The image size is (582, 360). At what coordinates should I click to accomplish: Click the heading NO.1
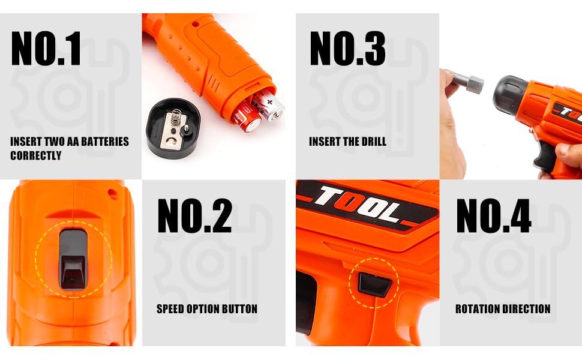pyautogui.click(x=46, y=48)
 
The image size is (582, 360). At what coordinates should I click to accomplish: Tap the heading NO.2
pyautogui.click(x=194, y=215)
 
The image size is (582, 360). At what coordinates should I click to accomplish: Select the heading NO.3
pyautogui.click(x=347, y=48)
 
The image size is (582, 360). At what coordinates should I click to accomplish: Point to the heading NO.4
pyautogui.click(x=494, y=215)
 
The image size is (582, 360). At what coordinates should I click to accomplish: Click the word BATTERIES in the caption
pyautogui.click(x=105, y=142)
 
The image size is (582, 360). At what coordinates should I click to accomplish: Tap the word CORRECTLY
pyautogui.click(x=35, y=155)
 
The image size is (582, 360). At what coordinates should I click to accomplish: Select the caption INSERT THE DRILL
pyautogui.click(x=347, y=142)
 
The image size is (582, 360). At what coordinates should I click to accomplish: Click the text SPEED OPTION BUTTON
pyautogui.click(x=207, y=309)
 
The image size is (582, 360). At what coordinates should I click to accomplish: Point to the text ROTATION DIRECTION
pyautogui.click(x=503, y=309)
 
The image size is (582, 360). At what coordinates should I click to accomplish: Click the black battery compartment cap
pyautogui.click(x=173, y=128)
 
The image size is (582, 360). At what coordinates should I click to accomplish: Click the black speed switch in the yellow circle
pyautogui.click(x=73, y=259)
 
